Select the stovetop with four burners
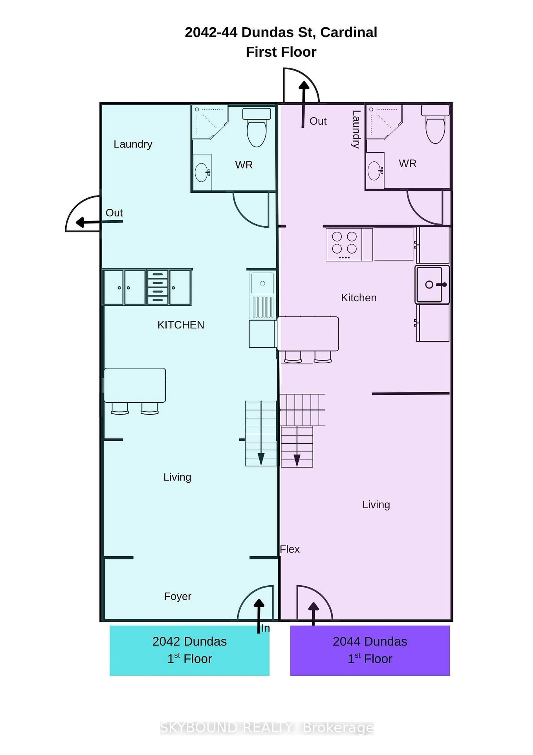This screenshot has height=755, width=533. (x=344, y=244)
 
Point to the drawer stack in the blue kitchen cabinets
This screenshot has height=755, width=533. (x=158, y=287)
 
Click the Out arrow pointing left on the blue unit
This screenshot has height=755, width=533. (x=99, y=222)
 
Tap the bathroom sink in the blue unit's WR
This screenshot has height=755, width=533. (x=201, y=172)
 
